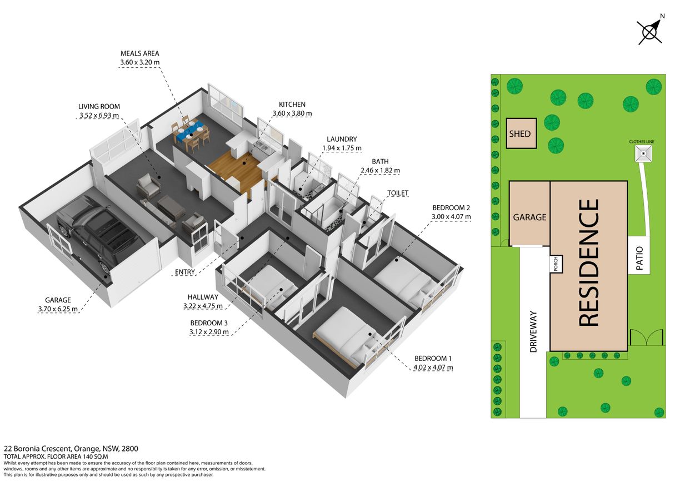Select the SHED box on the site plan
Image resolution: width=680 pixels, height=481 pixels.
click(521, 133)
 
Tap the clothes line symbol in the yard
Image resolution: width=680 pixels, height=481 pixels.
click(643, 153)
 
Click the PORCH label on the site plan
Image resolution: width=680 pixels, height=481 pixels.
click(556, 264)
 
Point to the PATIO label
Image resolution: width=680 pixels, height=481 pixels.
click(639, 258)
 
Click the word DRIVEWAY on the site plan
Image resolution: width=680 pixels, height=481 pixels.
click(533, 331)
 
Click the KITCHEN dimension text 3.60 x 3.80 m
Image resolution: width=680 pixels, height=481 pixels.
click(292, 113)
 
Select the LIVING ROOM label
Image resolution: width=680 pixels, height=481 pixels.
click(99, 106)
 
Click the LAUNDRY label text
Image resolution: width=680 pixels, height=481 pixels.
click(342, 139)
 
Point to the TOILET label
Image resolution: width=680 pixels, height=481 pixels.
click(398, 193)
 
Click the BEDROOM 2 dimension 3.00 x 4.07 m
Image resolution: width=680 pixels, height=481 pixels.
click(451, 217)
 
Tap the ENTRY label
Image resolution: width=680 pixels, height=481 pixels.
click(185, 272)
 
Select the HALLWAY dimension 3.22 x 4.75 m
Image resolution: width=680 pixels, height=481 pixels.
click(203, 306)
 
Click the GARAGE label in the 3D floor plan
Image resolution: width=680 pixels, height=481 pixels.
click(58, 300)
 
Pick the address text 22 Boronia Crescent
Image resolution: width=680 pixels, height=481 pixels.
click(37, 449)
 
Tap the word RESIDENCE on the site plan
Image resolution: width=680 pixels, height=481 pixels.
click(589, 263)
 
